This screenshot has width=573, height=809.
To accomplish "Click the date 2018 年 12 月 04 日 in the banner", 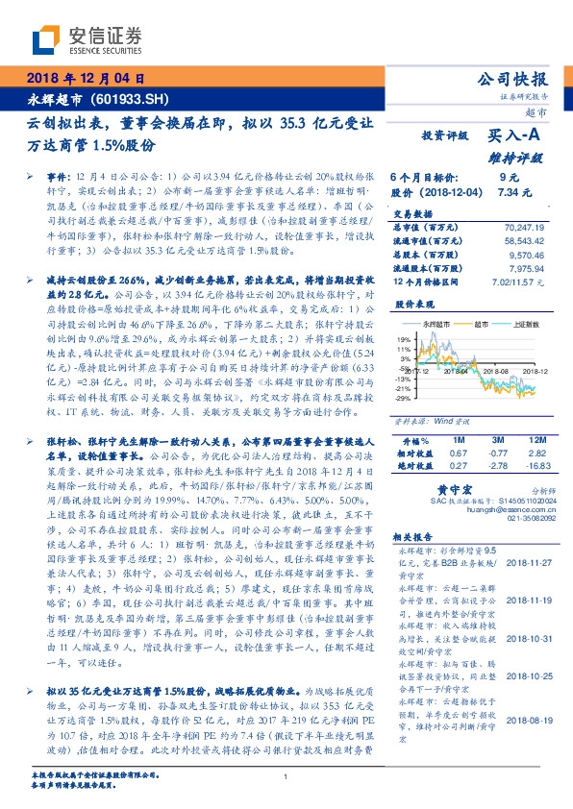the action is click(84, 79).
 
